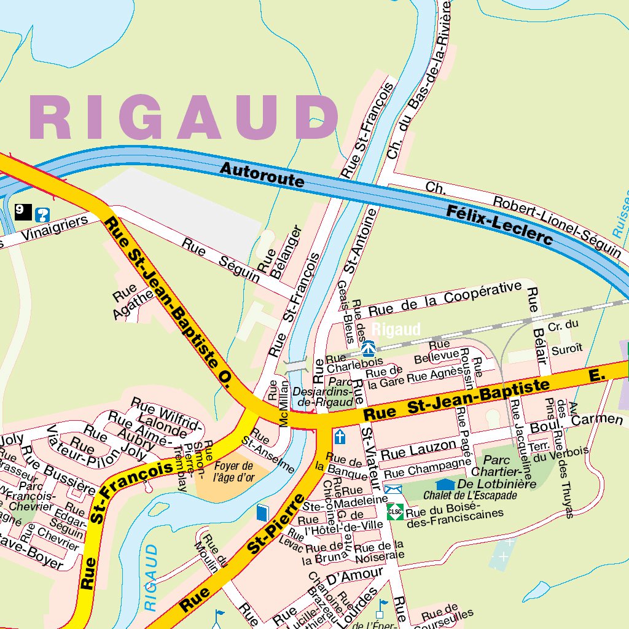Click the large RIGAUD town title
pyautogui.click(x=183, y=118)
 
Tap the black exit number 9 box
pyautogui.click(x=22, y=212)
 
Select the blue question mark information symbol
pyautogui.click(x=42, y=215)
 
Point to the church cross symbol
pyautogui.click(x=340, y=437)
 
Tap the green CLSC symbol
pyautogui.click(x=394, y=511)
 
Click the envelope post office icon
pyautogui.click(x=393, y=490)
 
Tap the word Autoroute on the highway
pyautogui.click(x=262, y=174)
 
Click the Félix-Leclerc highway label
pyautogui.click(x=499, y=225)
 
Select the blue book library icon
pyautogui.click(x=262, y=512)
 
